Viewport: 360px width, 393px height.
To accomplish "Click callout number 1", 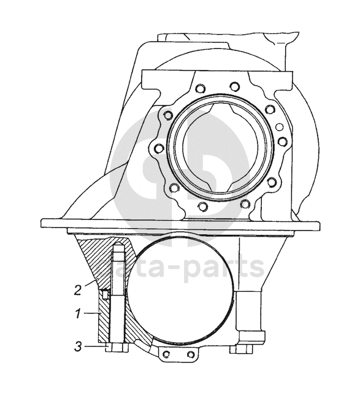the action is [79, 314].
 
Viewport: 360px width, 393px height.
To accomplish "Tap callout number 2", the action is [78, 291].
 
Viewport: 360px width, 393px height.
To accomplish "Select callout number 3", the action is [79, 347].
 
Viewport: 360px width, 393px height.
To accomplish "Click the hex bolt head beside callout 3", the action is [117, 348].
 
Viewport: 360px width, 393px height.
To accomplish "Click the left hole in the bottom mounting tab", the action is [166, 354].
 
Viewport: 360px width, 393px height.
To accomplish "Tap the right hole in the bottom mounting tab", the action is [191, 354].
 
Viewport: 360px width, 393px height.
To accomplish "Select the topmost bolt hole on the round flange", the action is [235, 86].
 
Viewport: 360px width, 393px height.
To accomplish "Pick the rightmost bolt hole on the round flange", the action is [283, 142].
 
